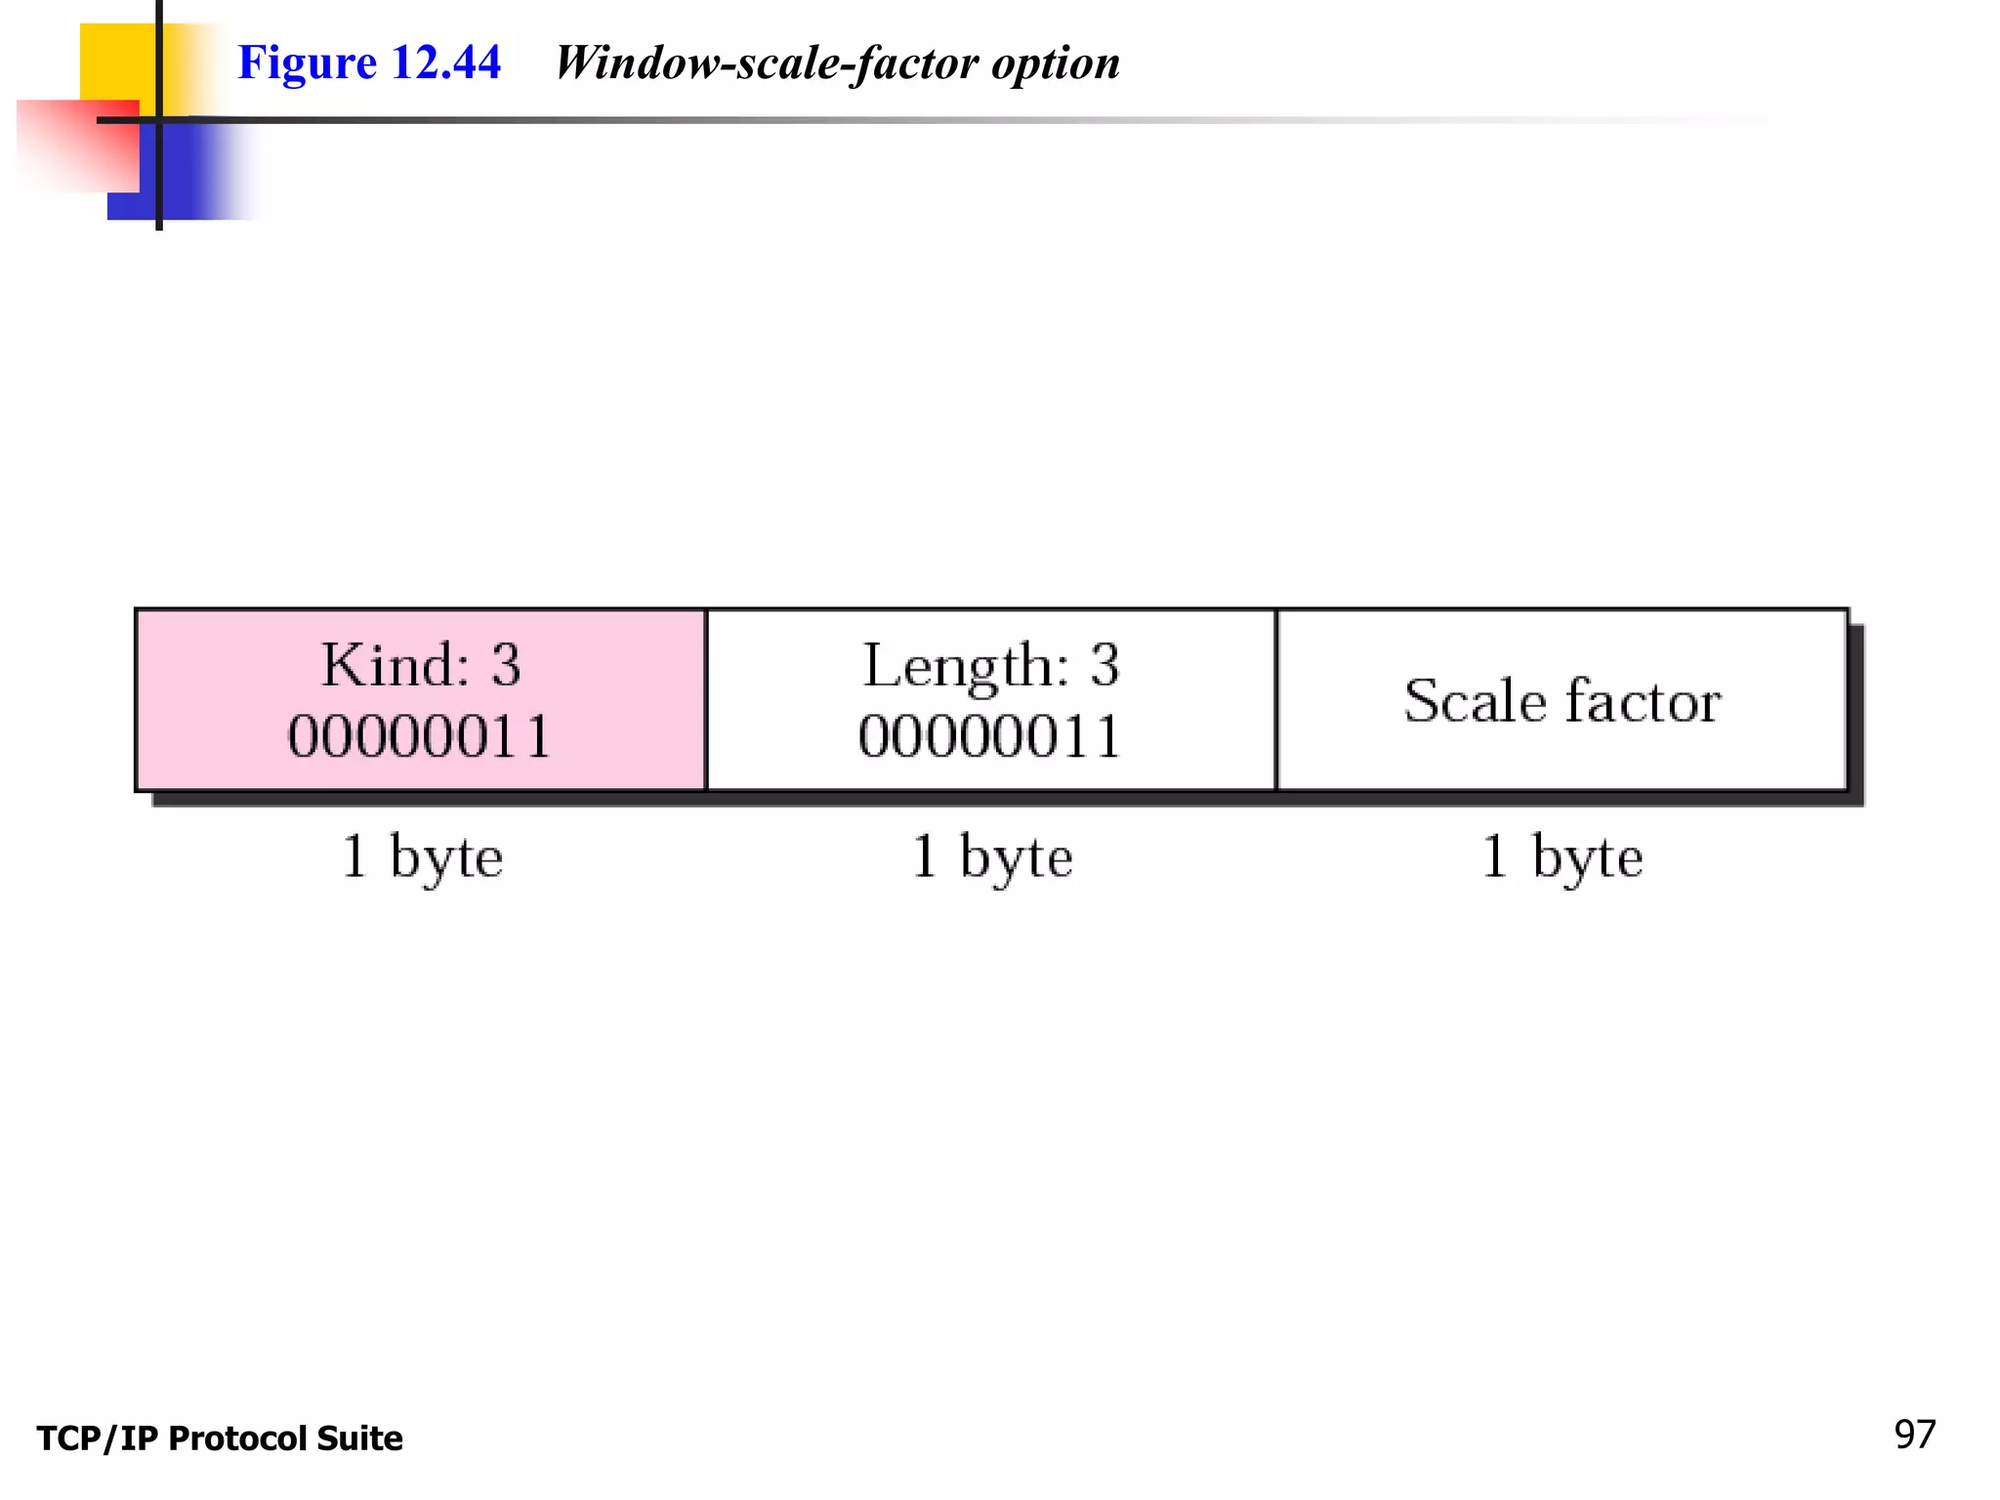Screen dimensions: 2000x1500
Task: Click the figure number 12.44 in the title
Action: click(x=446, y=62)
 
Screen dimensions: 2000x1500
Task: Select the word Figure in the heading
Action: click(x=307, y=62)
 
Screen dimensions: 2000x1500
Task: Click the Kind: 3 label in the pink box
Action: click(x=421, y=665)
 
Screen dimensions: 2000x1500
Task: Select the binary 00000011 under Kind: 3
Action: click(x=420, y=736)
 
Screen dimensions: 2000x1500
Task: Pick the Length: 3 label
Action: click(x=990, y=665)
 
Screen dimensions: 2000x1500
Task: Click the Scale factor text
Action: click(x=1562, y=700)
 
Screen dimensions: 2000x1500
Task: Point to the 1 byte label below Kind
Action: click(x=422, y=857)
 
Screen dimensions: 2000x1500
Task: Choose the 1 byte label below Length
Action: click(x=991, y=857)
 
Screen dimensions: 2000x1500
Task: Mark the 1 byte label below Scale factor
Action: click(x=1562, y=857)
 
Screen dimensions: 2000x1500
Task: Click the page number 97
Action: click(x=1914, y=1435)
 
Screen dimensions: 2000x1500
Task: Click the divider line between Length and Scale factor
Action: click(x=1276, y=699)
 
